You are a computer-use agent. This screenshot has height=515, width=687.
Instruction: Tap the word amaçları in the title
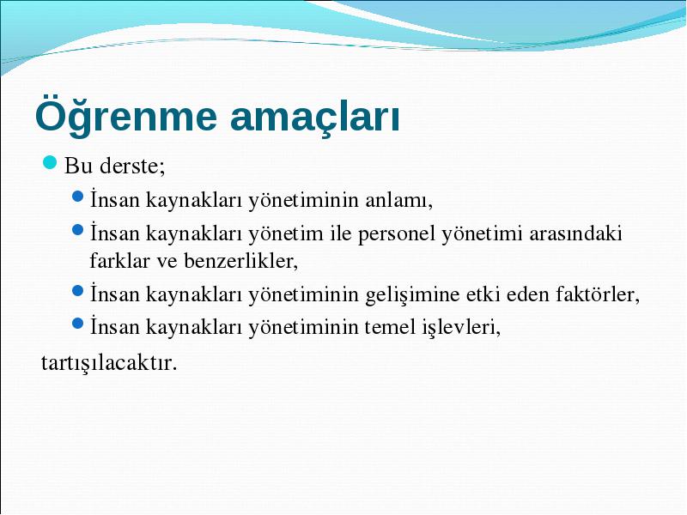(315, 118)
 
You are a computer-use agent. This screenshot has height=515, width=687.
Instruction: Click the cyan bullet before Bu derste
(51, 162)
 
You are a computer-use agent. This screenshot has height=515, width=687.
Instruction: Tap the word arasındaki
(575, 233)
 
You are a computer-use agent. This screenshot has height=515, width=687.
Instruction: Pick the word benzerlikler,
(241, 261)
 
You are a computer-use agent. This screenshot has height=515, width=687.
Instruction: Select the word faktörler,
(598, 294)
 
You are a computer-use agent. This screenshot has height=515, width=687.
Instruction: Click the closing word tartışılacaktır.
(109, 362)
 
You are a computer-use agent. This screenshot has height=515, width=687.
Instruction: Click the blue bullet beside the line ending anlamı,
(77, 197)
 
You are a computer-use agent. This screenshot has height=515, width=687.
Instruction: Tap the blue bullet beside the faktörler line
(77, 290)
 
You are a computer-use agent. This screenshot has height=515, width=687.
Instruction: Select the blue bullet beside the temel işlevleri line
(77, 324)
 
